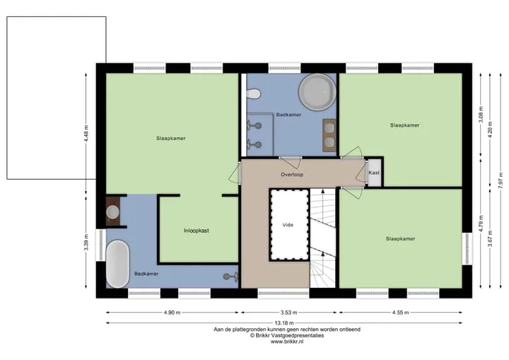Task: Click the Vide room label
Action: coord(288,224)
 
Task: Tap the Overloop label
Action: coord(292,175)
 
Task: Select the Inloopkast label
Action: coord(197,231)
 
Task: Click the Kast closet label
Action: coord(374,173)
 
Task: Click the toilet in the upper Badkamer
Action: coord(253,94)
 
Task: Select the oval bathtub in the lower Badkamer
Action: coord(117,264)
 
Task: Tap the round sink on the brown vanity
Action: coord(113,212)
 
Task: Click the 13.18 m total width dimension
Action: coord(284,323)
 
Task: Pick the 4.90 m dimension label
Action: coord(172,313)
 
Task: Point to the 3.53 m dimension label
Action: coord(288,313)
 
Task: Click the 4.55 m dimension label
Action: coord(400,313)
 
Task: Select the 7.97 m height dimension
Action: coord(501,180)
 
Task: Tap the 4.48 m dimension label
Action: coord(86,134)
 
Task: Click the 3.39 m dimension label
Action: coord(86,243)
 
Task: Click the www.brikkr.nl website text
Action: coord(287,342)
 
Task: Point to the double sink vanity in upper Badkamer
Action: coord(329,135)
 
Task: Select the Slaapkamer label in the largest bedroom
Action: coord(171,139)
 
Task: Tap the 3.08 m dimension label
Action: coord(481,115)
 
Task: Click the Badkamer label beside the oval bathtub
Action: coord(146,274)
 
